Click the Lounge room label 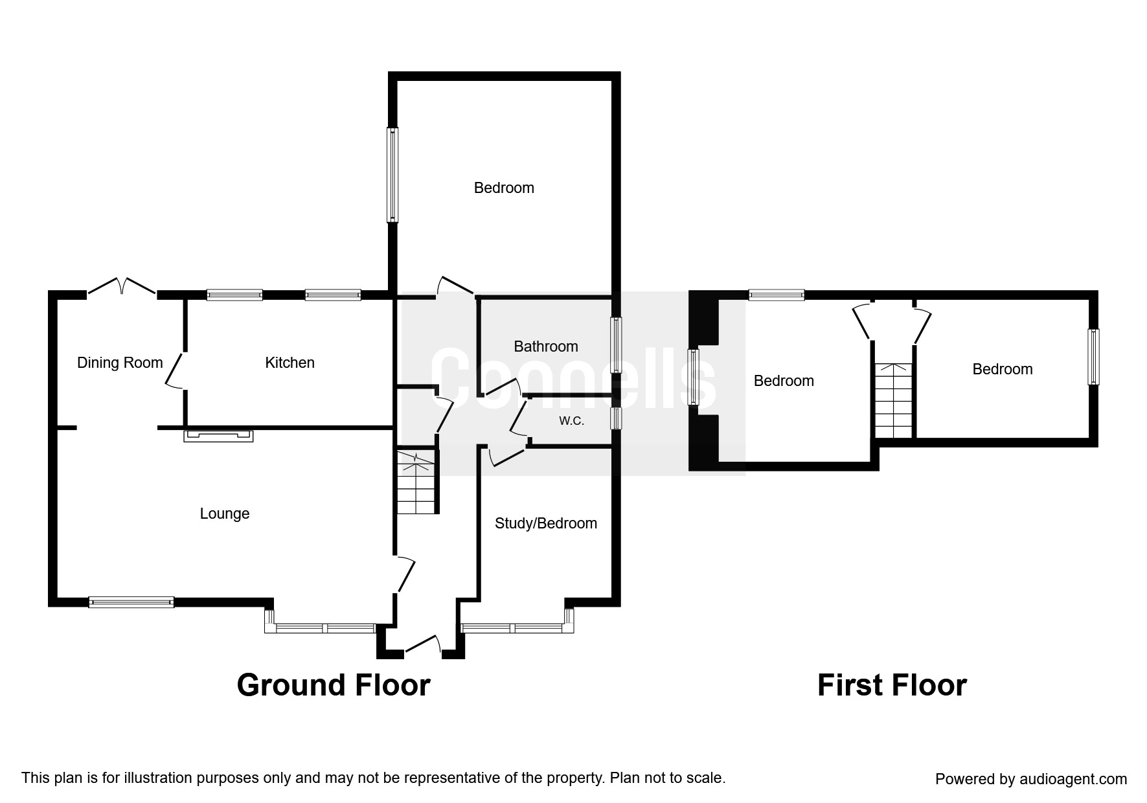pos(224,514)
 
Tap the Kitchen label pos(290,363)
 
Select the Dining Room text pos(120,363)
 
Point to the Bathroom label pos(545,346)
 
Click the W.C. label pos(572,421)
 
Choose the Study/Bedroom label pos(545,523)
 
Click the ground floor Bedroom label pos(504,188)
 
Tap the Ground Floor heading pos(333,685)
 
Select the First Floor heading pos(892,685)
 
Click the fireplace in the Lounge pos(218,436)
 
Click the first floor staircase pos(893,400)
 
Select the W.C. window pos(616,418)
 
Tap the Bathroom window pos(617,345)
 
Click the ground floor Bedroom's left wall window pos(392,174)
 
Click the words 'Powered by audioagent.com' pos(1031,779)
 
